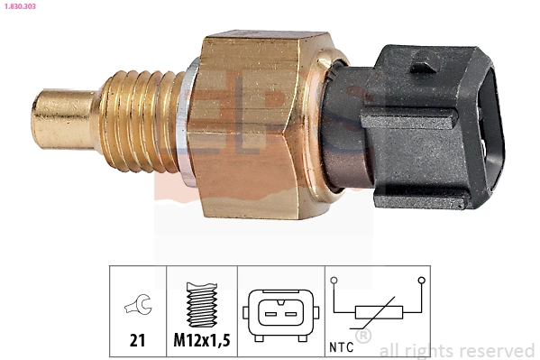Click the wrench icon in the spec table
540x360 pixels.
(138, 307)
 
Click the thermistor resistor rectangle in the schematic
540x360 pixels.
(378, 313)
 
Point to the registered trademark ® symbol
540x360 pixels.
(363, 337)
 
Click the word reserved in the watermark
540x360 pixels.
(496, 350)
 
